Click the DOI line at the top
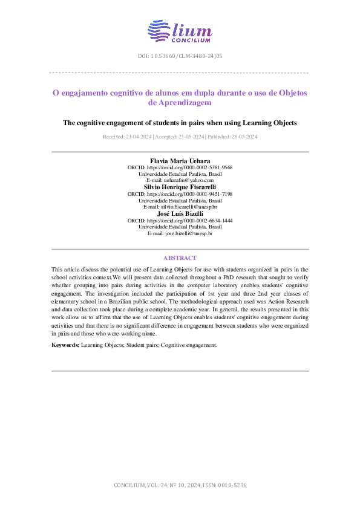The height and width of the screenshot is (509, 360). tap(180, 56)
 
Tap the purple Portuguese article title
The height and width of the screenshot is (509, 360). tap(180, 98)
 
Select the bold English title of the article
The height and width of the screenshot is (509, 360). tap(180, 123)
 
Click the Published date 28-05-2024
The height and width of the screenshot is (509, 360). tap(232, 137)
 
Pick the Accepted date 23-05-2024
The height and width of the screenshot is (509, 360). tap(180, 137)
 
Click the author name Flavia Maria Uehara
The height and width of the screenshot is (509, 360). tap(180, 161)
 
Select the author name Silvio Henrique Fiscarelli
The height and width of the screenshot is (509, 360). tap(180, 187)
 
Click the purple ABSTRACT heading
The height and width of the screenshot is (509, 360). tap(180, 258)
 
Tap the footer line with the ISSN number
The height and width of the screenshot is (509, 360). tap(180, 485)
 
